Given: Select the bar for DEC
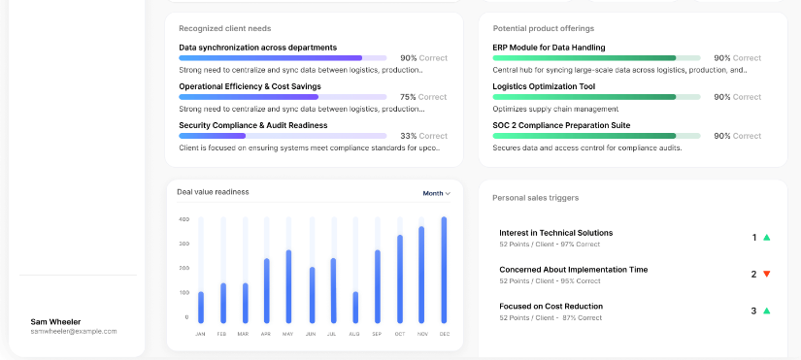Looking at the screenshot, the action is click(444, 270).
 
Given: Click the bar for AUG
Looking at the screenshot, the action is click(355, 308).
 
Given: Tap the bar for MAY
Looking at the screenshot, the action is click(288, 286).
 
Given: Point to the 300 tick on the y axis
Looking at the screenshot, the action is click(184, 244).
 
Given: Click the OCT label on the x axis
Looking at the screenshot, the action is click(399, 334).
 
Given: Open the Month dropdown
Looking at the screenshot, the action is click(436, 193).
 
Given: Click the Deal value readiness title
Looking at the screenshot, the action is click(213, 192).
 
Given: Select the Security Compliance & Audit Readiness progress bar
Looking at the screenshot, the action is click(283, 136).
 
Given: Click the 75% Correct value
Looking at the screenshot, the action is click(423, 97).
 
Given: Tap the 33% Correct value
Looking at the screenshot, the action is click(423, 136).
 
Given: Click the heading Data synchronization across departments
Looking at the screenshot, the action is click(258, 48).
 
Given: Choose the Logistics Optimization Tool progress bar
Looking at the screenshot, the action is click(597, 97).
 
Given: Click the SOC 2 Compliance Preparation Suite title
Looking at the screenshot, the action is click(561, 125).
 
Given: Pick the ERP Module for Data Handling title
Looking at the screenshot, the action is click(550, 48).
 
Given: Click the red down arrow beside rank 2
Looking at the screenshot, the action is click(766, 275).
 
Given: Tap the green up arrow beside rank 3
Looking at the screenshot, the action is click(766, 311).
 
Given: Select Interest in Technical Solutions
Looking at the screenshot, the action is click(555, 233).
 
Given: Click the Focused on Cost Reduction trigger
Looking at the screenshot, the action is click(551, 307).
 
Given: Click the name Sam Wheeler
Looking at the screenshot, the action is click(55, 322).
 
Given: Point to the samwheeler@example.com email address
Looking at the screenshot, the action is click(74, 332).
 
